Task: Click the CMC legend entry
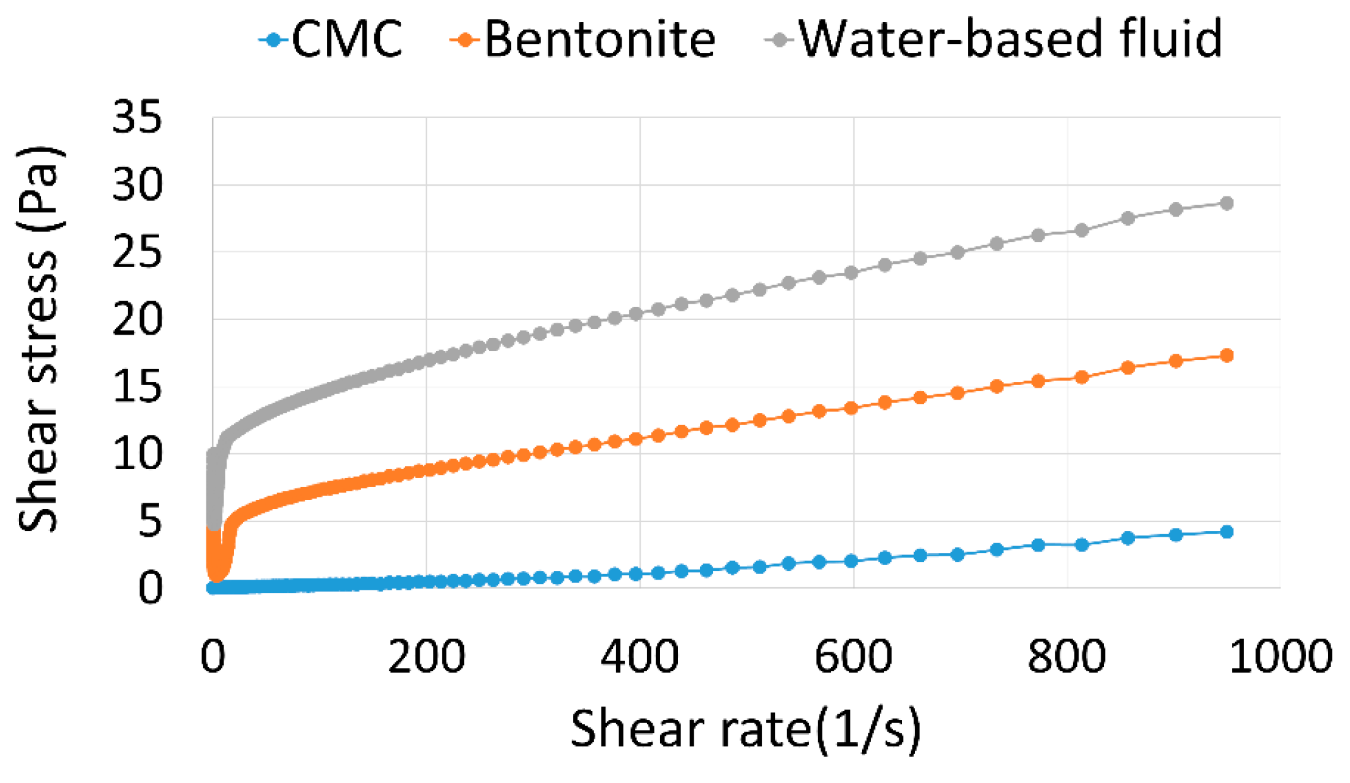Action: point(346,39)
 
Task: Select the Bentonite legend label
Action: point(599,39)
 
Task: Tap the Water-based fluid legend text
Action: point(1010,39)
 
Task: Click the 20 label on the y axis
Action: point(137,320)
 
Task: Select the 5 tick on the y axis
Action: point(150,522)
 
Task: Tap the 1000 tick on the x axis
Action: point(1281,657)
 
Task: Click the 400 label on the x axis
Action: point(639,657)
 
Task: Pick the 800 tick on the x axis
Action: point(1067,657)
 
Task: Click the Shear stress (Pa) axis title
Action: point(38,340)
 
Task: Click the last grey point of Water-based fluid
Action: point(1226,203)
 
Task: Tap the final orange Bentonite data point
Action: point(1226,356)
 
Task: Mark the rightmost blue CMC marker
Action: point(1226,532)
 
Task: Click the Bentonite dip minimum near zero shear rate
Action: point(216,575)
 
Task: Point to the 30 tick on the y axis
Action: point(137,185)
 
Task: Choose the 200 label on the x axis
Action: point(426,657)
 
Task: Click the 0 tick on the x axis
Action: point(213,657)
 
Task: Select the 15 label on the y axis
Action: point(137,387)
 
